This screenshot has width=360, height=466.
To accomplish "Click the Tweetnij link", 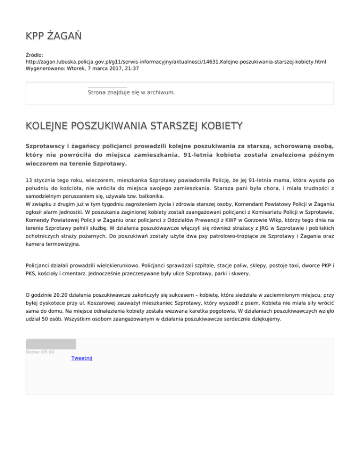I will (x=82, y=358).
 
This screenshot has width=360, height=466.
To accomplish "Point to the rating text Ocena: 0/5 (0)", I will (x=40, y=352).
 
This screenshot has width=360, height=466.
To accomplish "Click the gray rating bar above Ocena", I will (x=51, y=344).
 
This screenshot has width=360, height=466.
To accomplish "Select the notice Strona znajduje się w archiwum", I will (x=131, y=93).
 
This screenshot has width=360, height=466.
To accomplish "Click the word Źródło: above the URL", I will (x=34, y=55).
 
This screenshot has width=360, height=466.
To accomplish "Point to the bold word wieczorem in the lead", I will (x=42, y=165).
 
